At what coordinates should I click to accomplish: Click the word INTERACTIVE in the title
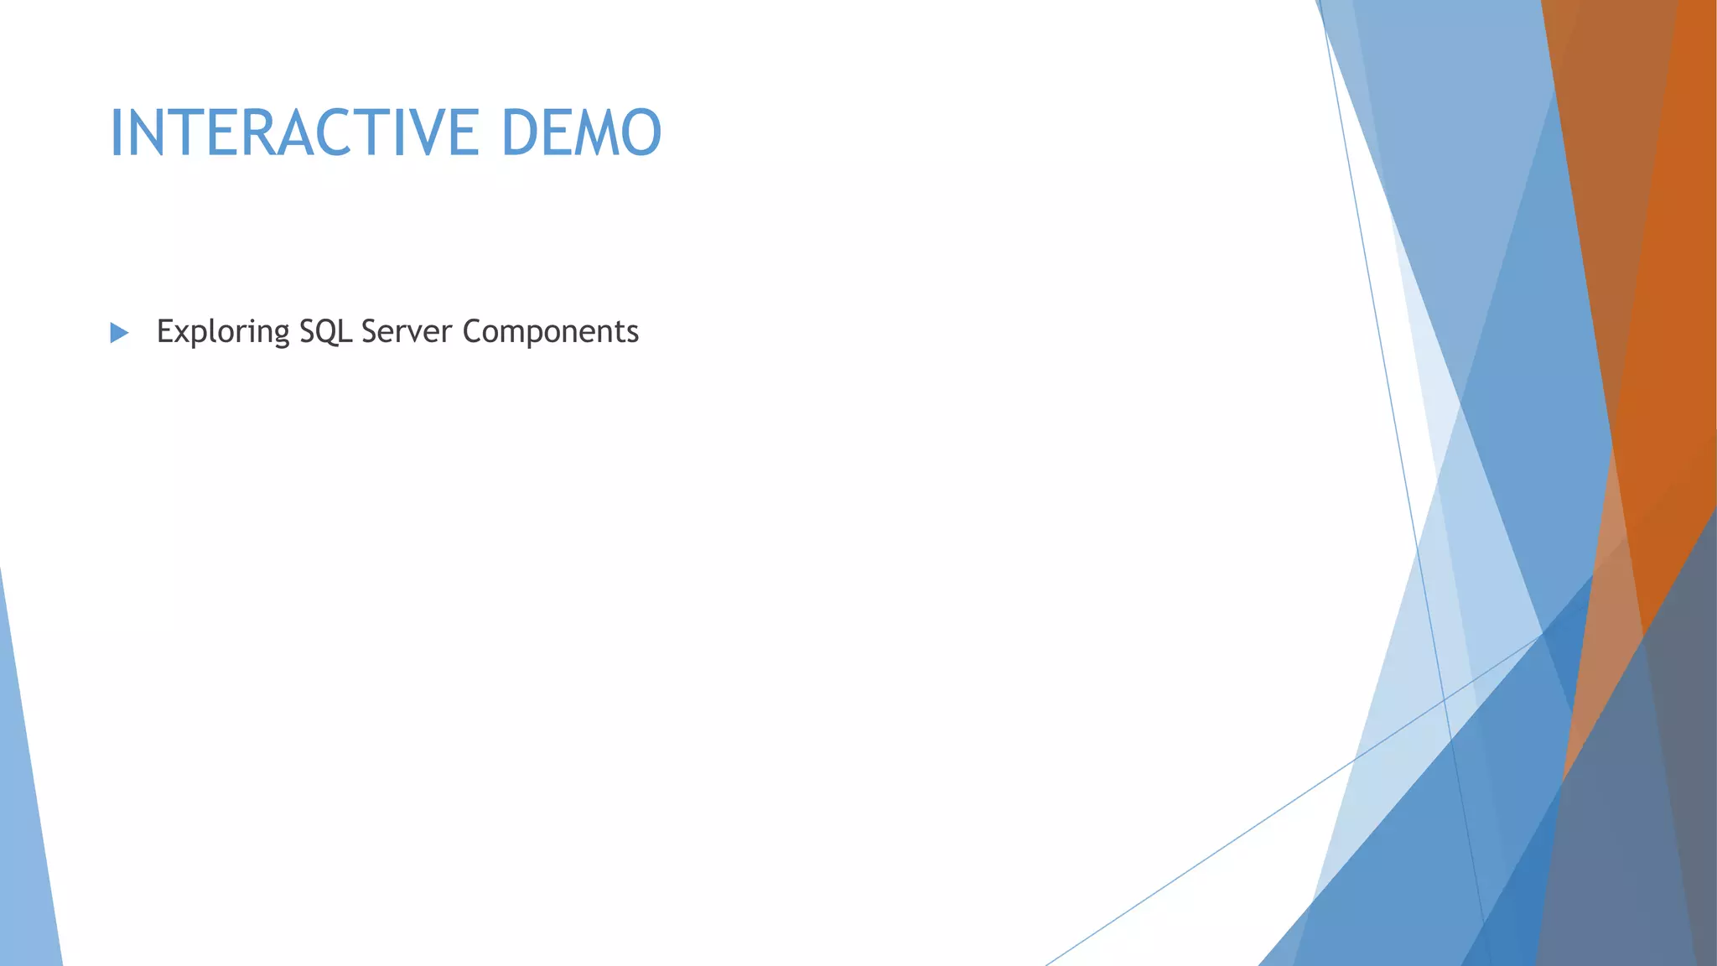[x=294, y=132]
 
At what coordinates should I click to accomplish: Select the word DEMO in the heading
[x=581, y=132]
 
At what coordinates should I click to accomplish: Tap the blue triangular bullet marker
[x=119, y=333]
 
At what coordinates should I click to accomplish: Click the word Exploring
[x=223, y=332]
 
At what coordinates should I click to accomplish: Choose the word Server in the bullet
[x=407, y=331]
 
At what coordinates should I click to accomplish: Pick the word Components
[x=550, y=332]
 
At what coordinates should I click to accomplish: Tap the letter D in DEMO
[x=521, y=132]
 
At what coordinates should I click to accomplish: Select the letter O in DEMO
[x=641, y=132]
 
